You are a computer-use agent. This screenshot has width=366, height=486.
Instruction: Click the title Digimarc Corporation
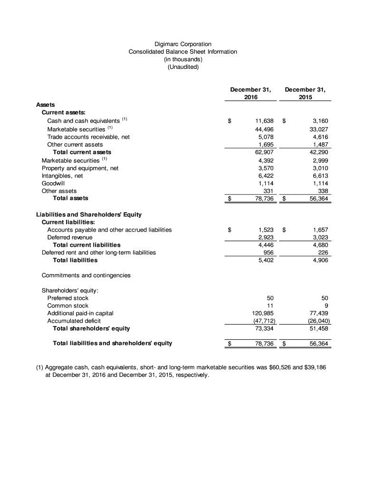click(183, 44)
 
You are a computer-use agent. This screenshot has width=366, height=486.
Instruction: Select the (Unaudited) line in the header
click(183, 67)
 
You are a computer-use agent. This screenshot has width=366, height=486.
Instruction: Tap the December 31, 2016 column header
click(250, 93)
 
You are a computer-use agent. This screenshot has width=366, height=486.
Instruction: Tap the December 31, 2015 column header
click(306, 93)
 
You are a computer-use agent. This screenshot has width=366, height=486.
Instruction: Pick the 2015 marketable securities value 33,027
click(318, 129)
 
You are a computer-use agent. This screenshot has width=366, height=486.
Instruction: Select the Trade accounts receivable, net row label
click(88, 137)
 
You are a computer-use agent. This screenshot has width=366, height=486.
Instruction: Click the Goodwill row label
click(53, 183)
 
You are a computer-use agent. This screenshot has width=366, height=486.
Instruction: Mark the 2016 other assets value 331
click(268, 191)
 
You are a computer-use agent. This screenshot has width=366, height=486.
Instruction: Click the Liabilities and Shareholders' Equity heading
click(89, 215)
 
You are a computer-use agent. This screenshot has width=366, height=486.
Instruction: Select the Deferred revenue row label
click(70, 237)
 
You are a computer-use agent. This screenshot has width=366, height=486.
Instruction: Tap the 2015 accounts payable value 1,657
click(320, 230)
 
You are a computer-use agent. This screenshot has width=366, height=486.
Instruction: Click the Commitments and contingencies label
click(86, 275)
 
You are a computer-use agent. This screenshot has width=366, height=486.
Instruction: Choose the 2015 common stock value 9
click(326, 306)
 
